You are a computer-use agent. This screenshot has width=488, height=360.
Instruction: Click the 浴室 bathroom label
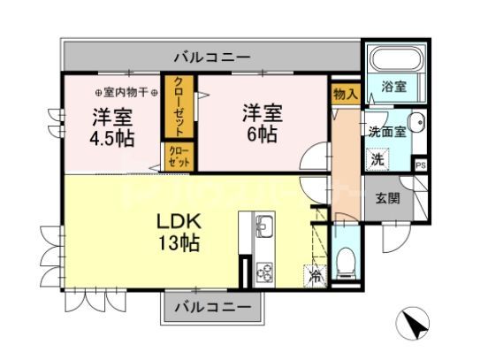tap(393, 87)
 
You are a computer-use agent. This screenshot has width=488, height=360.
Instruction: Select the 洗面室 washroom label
tap(387, 131)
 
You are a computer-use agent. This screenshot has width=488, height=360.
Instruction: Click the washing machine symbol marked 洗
tap(377, 160)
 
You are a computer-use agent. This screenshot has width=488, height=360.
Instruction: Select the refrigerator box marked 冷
tap(315, 275)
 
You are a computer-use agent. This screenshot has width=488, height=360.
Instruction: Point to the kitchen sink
tap(264, 225)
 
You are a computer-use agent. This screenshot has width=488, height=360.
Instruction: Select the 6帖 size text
tap(263, 134)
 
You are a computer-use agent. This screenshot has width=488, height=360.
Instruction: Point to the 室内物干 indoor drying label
tap(126, 92)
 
